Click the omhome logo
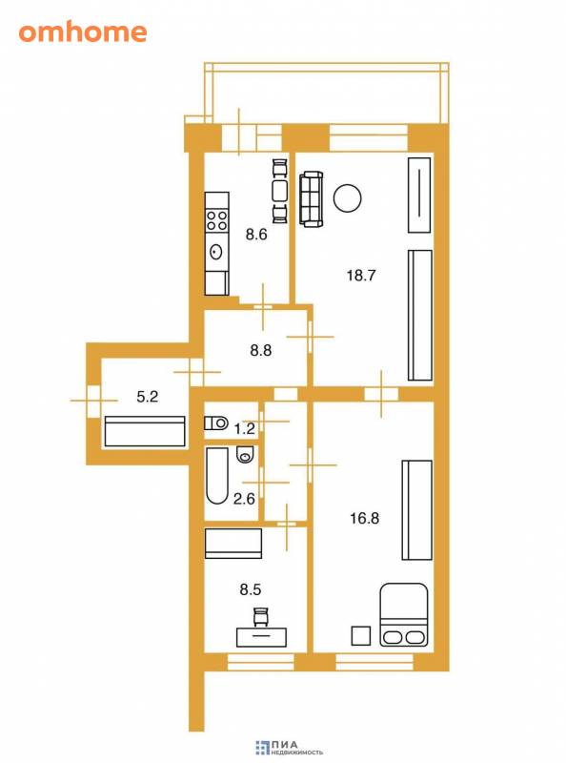pos(83,32)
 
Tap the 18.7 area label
pos(361,276)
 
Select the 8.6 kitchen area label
pos(256,235)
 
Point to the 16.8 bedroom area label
pos(364,518)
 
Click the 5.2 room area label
pos(147,397)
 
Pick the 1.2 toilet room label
pos(244,428)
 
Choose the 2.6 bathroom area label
pos(244,499)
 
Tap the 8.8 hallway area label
pos(261,350)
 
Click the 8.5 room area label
pos(251,589)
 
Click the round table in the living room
pos(347,198)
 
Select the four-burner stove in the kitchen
pos(217,220)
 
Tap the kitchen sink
pos(216,252)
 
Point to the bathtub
pos(217,475)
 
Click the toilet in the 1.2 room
pos(216,423)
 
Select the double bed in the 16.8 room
pos(404,614)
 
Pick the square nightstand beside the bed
pos(361,635)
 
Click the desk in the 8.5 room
pos(261,637)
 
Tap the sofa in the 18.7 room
pos(312,198)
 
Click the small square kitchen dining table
pos(279,191)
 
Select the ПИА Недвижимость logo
pos(289,748)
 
